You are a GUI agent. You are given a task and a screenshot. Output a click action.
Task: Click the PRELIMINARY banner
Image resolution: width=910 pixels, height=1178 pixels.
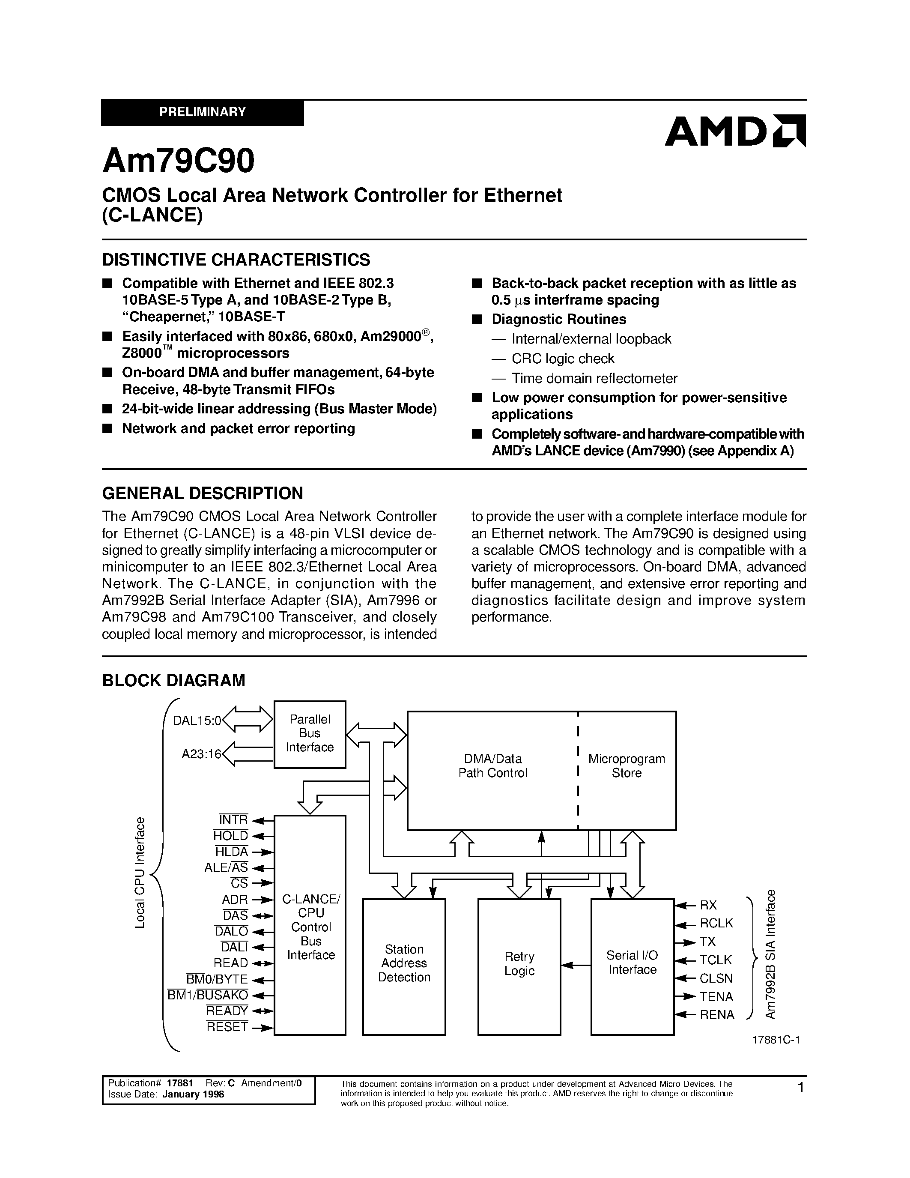pyautogui.click(x=202, y=112)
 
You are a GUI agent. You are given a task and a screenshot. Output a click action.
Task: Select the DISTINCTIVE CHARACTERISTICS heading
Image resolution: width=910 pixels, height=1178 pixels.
pyautogui.click(x=236, y=260)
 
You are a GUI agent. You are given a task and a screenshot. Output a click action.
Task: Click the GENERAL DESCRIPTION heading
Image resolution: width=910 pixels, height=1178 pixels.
pyautogui.click(x=202, y=493)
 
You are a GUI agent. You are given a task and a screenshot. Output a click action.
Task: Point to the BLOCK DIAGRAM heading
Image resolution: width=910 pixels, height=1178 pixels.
pyautogui.click(x=173, y=680)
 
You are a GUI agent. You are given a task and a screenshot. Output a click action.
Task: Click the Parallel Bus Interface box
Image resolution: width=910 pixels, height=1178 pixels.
pyautogui.click(x=310, y=733)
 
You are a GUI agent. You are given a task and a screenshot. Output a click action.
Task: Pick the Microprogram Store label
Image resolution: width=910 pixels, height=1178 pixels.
pyautogui.click(x=627, y=765)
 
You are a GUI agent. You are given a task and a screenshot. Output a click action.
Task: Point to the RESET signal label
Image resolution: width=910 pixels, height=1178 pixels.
pyautogui.click(x=227, y=1027)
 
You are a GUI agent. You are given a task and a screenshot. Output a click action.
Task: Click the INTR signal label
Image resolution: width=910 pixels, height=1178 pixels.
pyautogui.click(x=233, y=820)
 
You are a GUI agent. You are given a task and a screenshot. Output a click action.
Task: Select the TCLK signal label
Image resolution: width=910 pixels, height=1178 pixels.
pyautogui.click(x=716, y=960)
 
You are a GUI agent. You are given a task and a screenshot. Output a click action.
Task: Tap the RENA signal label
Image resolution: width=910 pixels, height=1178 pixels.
pyautogui.click(x=717, y=1015)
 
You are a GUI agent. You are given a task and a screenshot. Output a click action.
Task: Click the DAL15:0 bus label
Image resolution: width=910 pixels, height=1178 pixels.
pyautogui.click(x=197, y=721)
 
